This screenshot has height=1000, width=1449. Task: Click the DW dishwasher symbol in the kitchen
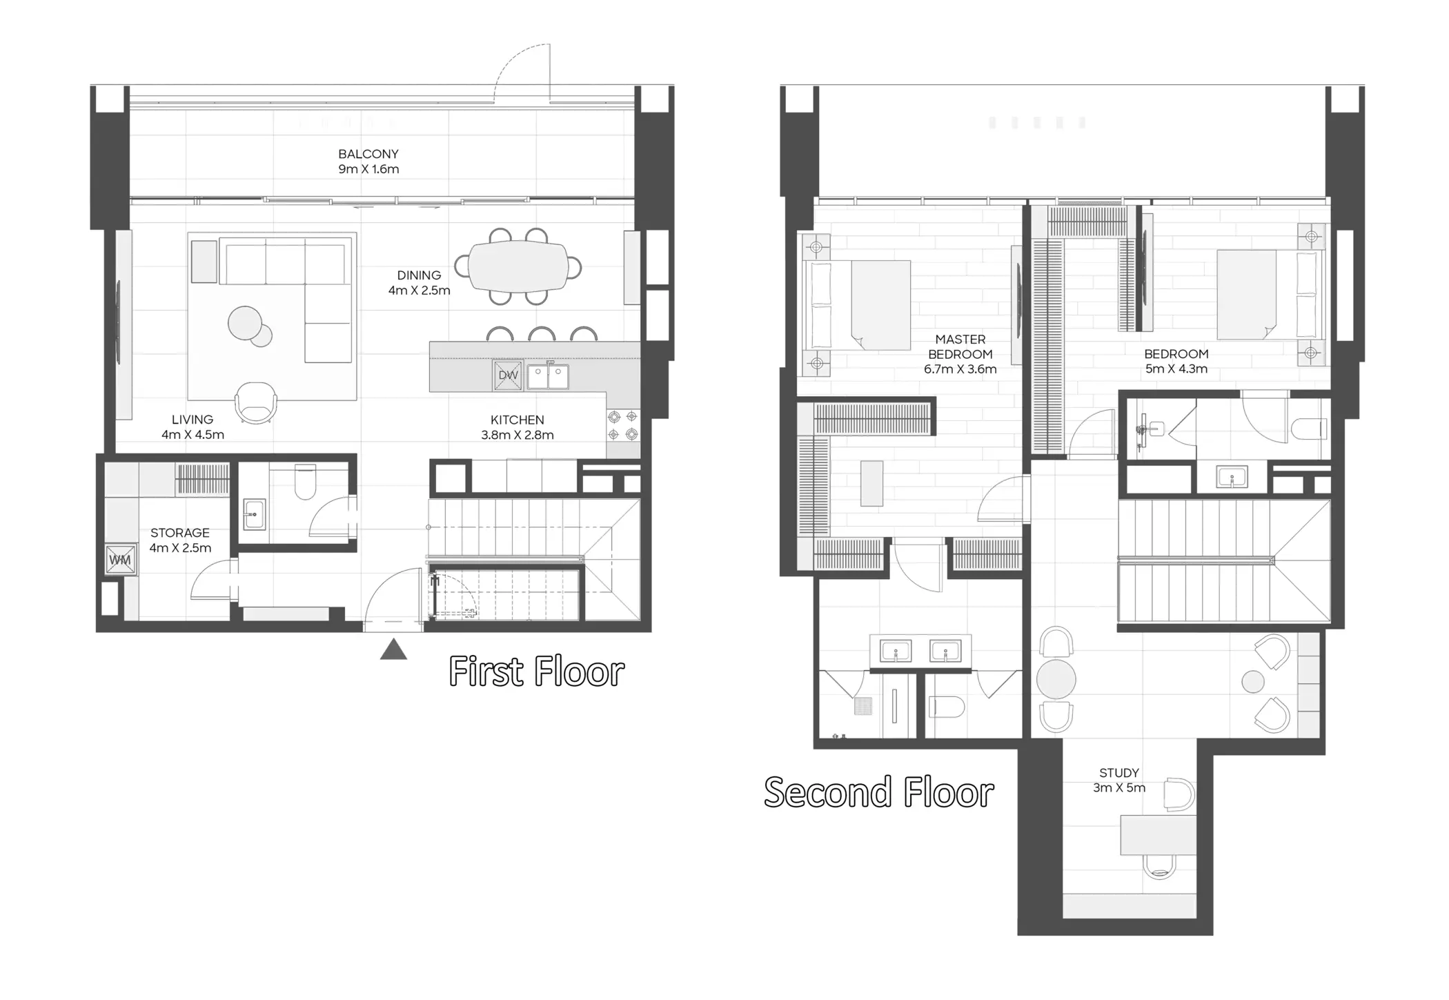point(508,375)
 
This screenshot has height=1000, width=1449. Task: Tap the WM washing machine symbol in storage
point(120,560)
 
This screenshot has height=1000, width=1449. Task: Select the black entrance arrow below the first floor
point(393,649)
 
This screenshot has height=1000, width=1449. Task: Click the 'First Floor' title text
point(536,671)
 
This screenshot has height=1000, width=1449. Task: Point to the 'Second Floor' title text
point(878,792)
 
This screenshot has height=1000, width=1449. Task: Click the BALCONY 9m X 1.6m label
point(368,161)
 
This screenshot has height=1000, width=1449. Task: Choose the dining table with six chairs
point(517,266)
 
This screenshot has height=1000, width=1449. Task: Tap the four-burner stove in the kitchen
point(622,425)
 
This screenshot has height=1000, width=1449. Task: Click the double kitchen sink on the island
point(548,377)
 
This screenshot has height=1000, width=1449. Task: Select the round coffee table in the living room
point(246,323)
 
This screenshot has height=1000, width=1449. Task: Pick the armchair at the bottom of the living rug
point(256,402)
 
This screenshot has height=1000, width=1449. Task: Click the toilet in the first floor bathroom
point(305,482)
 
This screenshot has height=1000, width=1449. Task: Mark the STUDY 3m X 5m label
point(1118,781)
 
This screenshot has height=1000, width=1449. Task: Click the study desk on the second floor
point(1158,835)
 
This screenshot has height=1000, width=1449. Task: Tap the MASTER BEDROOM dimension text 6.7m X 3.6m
point(960,369)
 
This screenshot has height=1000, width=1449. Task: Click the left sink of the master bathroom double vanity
point(896,651)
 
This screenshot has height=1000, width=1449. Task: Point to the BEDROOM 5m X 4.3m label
point(1176,361)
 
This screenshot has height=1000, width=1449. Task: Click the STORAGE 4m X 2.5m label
point(180,540)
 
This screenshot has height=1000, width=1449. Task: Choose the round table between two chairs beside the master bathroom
point(1056,678)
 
